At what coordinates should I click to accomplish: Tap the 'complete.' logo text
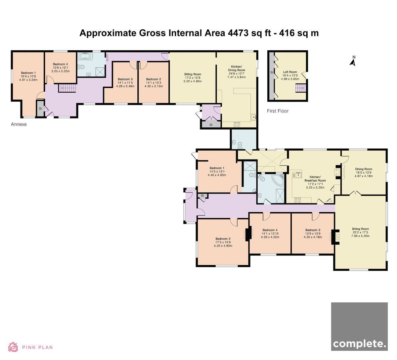359,344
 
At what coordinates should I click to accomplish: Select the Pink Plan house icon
13,347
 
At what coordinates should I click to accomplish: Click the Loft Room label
290,72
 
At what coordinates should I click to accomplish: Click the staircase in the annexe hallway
67,88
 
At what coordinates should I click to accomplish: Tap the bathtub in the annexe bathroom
85,56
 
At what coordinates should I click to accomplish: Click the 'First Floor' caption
278,111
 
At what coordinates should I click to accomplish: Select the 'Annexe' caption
19,124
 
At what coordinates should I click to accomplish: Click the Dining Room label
364,169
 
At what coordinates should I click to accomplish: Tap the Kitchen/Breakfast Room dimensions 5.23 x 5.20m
315,188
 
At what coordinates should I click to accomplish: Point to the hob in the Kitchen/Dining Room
237,124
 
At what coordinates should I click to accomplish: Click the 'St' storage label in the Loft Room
272,72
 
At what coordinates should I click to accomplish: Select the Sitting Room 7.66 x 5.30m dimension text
360,236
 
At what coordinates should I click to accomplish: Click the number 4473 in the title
238,33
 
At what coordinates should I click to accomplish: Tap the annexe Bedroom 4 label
60,64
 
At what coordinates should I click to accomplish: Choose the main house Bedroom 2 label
223,239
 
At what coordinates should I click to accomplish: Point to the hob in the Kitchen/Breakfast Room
297,200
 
